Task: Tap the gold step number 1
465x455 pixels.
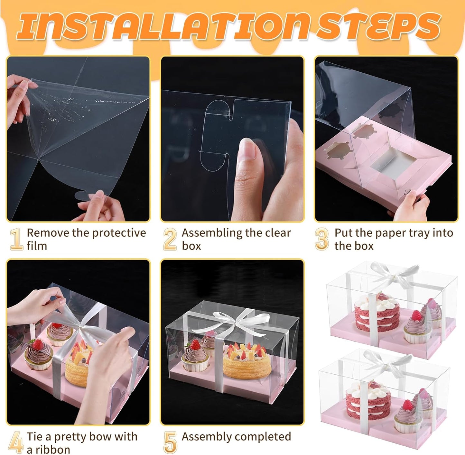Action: (x=16, y=239)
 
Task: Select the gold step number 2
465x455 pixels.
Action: (x=170, y=239)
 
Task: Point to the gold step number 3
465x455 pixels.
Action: (x=322, y=239)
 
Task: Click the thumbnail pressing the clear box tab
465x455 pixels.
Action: (x=232, y=139)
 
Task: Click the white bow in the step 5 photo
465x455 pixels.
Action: (x=237, y=318)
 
